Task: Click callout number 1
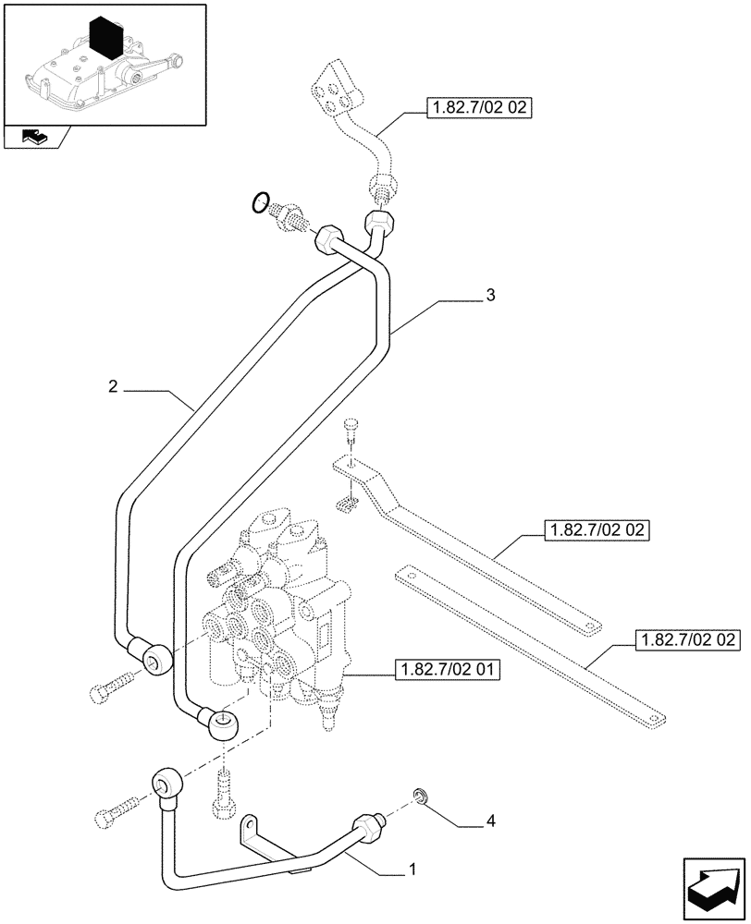(412, 869)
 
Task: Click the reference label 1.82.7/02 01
(447, 669)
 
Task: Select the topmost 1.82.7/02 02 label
(478, 109)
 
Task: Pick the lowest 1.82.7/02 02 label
(685, 639)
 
